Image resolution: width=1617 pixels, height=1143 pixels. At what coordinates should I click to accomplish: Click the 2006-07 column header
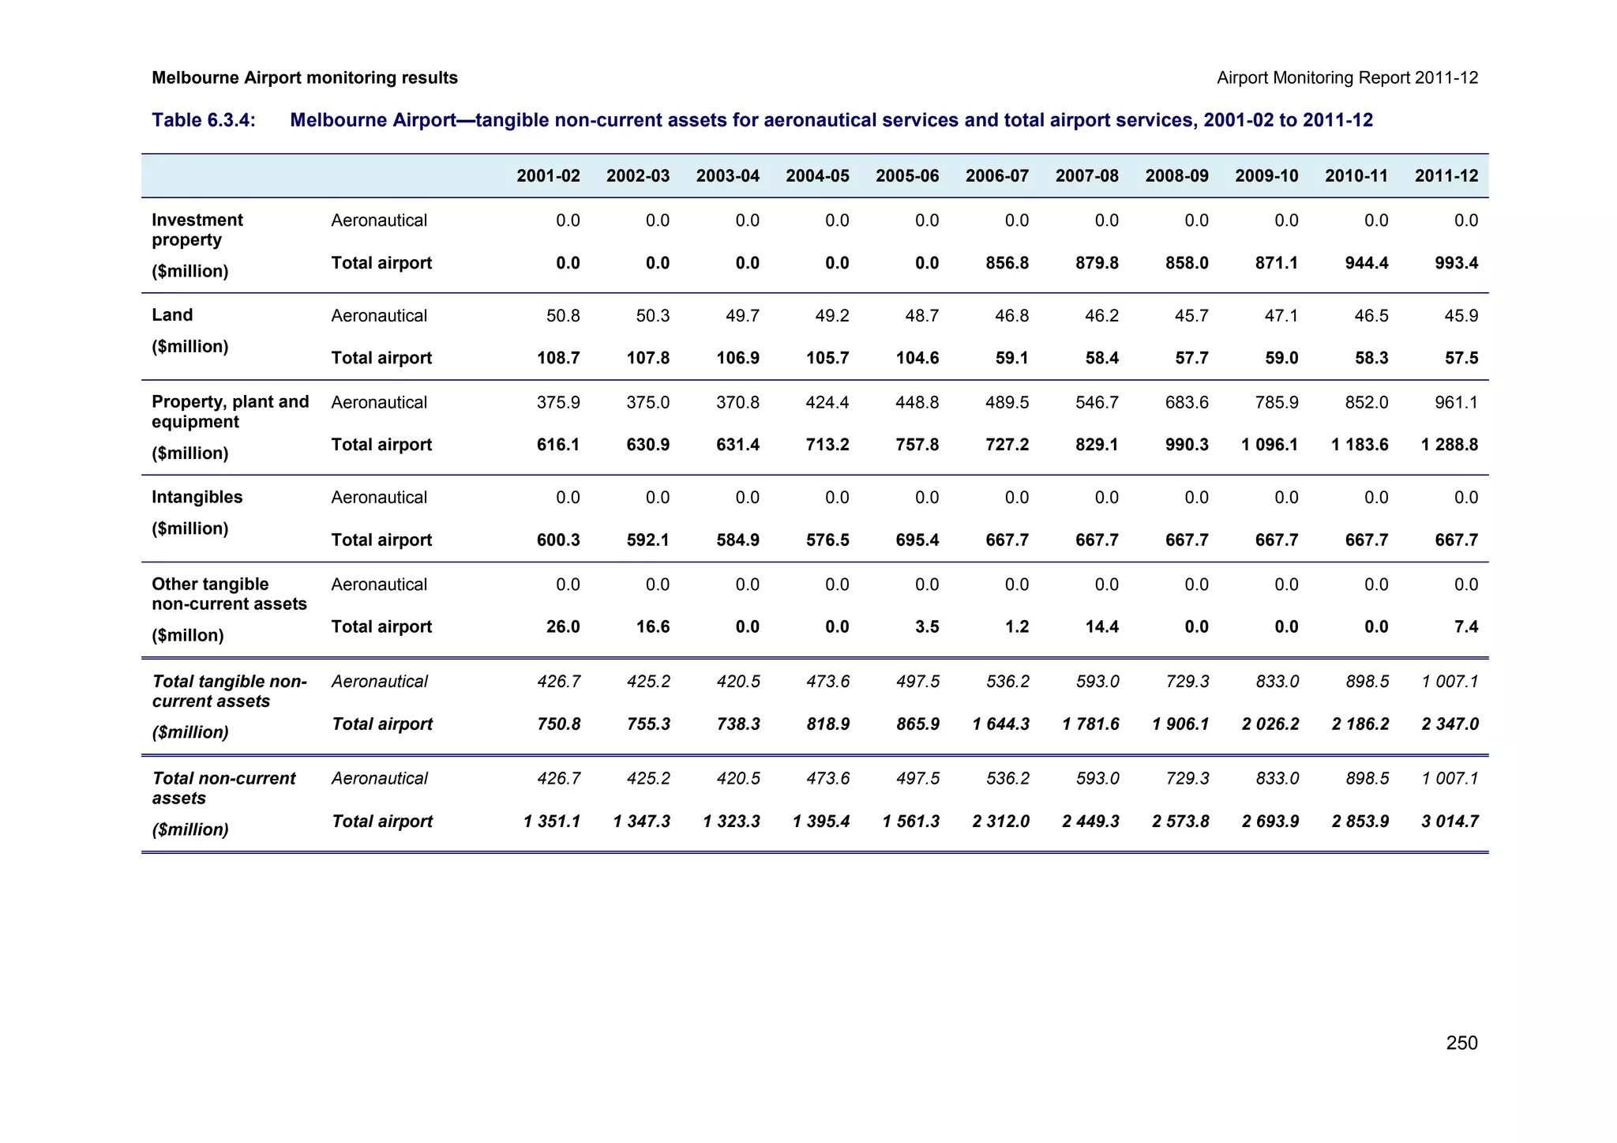click(996, 176)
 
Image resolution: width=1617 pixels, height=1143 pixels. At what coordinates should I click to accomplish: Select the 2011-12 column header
click(1446, 176)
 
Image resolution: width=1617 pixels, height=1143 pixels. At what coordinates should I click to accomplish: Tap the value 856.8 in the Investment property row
click(1007, 263)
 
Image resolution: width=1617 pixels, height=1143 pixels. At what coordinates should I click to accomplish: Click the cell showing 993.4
click(1456, 263)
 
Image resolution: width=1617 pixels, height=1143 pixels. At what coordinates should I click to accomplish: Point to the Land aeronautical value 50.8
click(563, 316)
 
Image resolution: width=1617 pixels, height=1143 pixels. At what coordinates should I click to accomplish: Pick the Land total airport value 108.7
click(558, 359)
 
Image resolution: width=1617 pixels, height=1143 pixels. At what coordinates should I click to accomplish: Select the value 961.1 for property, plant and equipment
click(1456, 403)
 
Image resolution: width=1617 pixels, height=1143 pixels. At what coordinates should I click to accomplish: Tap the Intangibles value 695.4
click(917, 540)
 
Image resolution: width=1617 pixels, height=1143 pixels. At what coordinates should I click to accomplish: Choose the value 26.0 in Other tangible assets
click(563, 627)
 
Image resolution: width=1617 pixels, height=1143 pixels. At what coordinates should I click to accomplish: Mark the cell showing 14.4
click(1101, 627)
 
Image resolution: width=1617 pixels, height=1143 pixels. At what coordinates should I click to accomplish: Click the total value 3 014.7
click(1450, 822)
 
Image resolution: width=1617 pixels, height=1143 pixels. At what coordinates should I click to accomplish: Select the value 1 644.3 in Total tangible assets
click(1000, 724)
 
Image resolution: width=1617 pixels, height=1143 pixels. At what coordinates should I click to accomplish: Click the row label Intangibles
click(197, 498)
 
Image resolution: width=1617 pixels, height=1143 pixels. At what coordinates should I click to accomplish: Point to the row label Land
click(172, 315)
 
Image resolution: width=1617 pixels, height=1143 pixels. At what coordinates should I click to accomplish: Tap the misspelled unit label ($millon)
click(187, 636)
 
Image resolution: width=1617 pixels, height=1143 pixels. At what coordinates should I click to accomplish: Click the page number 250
click(1461, 1043)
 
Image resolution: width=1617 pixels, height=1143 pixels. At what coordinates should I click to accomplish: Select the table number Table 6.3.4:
click(204, 120)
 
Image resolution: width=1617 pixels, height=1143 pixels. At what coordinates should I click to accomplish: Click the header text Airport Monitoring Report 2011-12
click(1347, 78)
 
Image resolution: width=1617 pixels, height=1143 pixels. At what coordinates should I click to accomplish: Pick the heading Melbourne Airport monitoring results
click(305, 78)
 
